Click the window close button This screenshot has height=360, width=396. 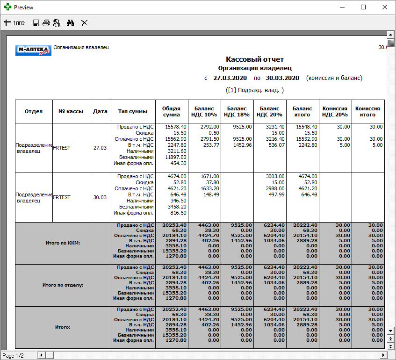point(384,7)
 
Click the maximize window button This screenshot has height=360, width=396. point(363,7)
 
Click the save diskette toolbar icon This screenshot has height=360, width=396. point(36,22)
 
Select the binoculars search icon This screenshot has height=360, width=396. point(71,22)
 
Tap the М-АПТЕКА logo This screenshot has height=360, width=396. point(33,50)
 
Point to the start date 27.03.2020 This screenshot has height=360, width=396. point(230,78)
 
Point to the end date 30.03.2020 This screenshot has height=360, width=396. point(282,78)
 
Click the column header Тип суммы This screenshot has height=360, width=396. point(133,111)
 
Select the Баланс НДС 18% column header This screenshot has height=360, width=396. point(237,111)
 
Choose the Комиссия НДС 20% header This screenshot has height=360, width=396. point(335,111)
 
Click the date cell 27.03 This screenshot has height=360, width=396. point(100,148)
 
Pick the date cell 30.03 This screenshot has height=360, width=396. point(100,197)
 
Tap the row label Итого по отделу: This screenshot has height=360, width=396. point(63,285)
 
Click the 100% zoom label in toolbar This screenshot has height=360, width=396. point(19,23)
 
